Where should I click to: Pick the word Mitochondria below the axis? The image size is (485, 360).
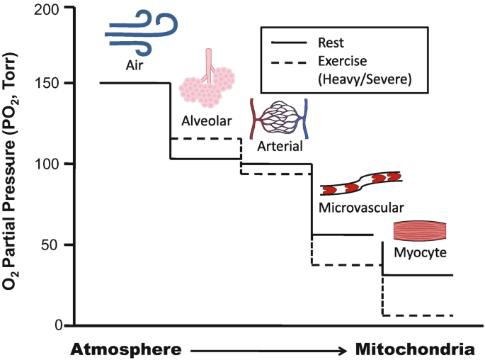pos(414,349)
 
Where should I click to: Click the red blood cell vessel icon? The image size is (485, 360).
pos(361,183)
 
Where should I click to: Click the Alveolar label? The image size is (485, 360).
pos(206,120)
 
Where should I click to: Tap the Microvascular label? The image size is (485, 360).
pos(361,208)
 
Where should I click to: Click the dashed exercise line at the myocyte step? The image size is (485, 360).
pos(418,315)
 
